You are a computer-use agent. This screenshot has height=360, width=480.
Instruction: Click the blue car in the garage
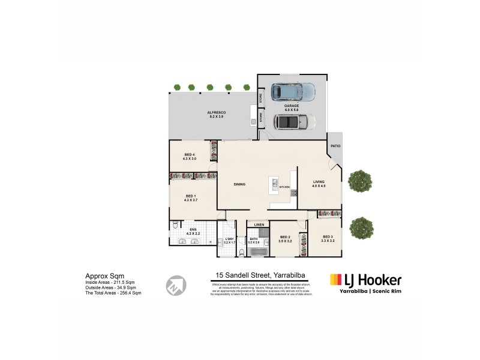[x=293, y=91]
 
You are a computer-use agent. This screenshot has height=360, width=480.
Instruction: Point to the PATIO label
[x=335, y=146]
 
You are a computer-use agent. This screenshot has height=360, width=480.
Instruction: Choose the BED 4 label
[x=190, y=157]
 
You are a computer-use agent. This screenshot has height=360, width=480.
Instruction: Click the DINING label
[x=239, y=185]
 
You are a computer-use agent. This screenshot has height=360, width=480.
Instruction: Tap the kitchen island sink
[x=274, y=182]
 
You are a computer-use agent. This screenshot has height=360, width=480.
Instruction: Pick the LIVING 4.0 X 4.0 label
[x=318, y=184]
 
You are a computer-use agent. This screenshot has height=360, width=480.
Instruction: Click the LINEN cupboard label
[x=259, y=224]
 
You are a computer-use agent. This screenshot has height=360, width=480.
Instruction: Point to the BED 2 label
[x=286, y=238]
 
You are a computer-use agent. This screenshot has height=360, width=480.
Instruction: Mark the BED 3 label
[x=328, y=238]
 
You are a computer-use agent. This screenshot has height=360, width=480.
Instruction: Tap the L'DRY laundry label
[x=229, y=241]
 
